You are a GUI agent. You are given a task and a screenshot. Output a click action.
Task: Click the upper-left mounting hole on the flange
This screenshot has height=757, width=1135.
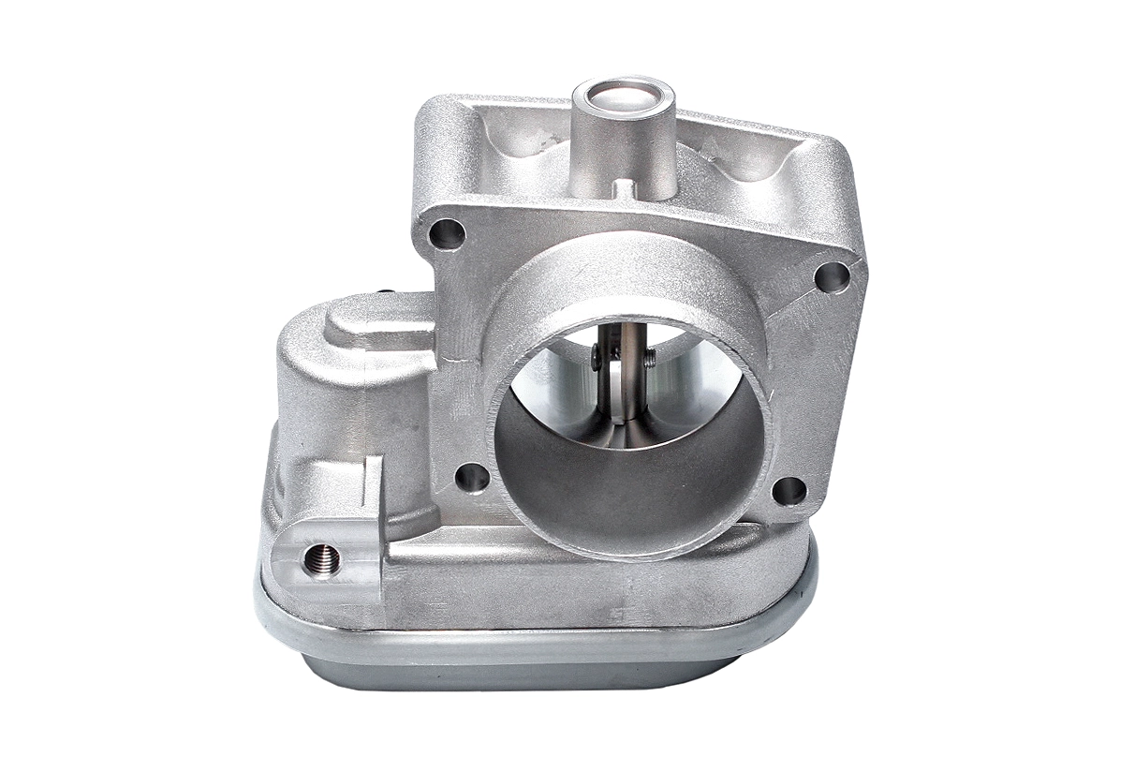pyautogui.click(x=446, y=233)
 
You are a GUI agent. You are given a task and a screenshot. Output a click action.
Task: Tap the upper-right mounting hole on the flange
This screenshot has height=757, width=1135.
pyautogui.click(x=832, y=276)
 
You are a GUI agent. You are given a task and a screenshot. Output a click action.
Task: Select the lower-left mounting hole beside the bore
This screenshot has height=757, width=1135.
pyautogui.click(x=472, y=478)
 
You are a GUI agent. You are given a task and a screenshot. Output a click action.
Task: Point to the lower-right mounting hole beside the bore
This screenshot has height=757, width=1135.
pyautogui.click(x=789, y=490)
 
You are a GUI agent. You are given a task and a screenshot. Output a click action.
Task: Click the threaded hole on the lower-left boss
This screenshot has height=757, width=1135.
pyautogui.click(x=321, y=560)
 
